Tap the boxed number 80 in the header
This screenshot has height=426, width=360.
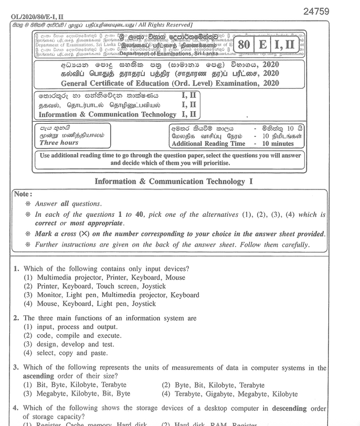[243, 44]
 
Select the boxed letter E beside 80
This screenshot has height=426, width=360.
[261, 44]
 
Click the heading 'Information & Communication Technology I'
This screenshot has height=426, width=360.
[174, 182]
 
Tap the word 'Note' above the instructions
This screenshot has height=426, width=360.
[23, 194]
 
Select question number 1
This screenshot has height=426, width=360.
[16, 269]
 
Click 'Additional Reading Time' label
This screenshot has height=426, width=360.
[208, 143]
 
